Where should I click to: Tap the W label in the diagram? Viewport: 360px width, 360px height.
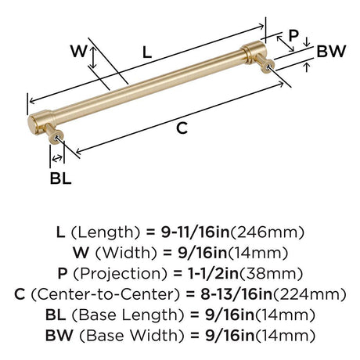point(78,51)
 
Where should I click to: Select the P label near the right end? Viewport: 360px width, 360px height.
point(293,35)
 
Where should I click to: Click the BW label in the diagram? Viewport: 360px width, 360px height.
point(331,51)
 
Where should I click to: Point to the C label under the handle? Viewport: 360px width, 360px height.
point(182,128)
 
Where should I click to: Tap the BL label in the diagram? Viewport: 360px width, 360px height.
point(60,178)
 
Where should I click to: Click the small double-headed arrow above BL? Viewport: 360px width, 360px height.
point(57,158)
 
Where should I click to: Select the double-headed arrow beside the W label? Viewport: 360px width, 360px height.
point(93,57)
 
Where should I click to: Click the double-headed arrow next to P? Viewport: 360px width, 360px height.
point(286,44)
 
